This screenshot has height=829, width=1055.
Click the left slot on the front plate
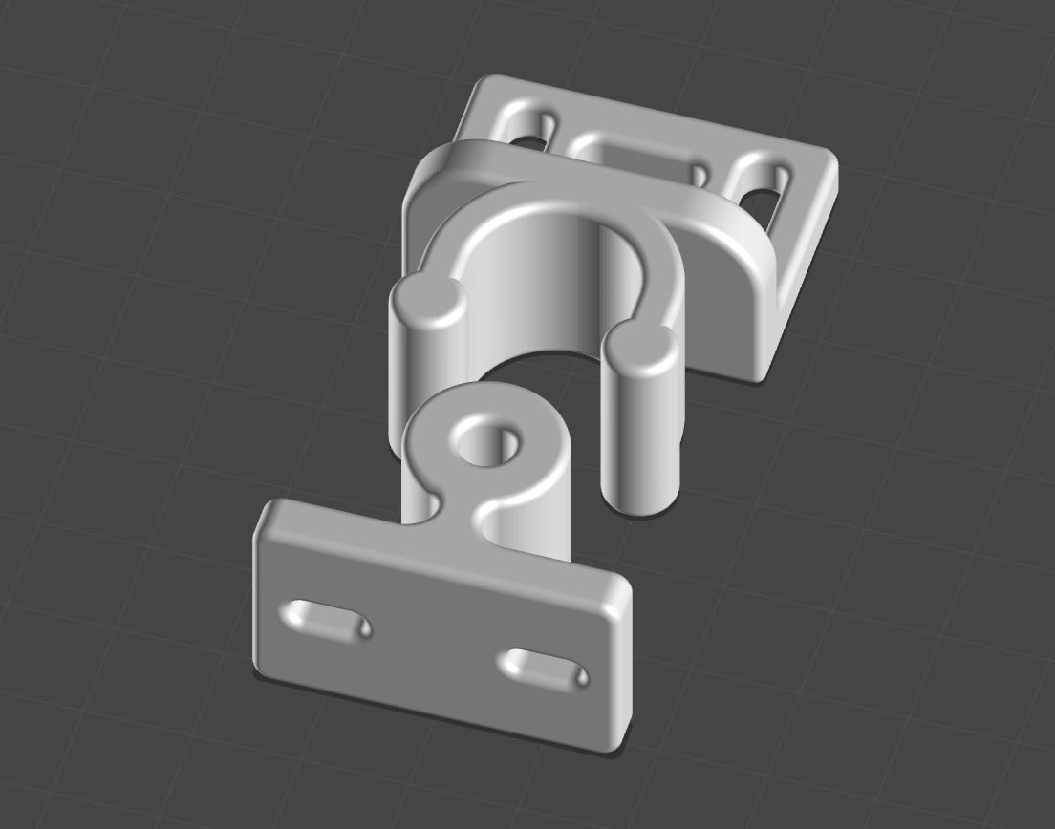pyautogui.click(x=326, y=621)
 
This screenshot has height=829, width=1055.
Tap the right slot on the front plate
pyautogui.click(x=544, y=668)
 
